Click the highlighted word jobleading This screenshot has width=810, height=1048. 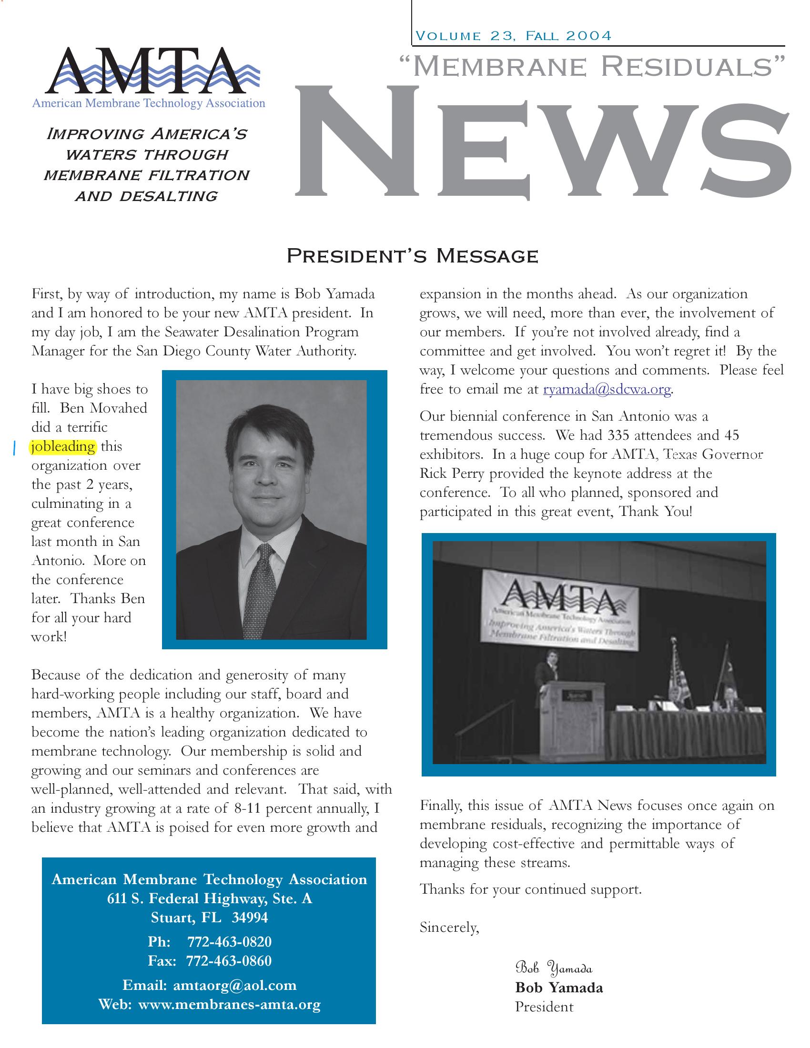point(63,447)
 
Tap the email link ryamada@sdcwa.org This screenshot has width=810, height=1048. point(607,389)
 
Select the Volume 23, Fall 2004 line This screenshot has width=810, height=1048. point(514,36)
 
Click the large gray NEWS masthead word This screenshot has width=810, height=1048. point(542,144)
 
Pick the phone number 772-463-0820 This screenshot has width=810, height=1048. point(229,942)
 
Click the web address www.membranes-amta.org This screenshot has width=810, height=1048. point(229,1004)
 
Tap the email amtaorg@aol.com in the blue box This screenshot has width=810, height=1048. point(234,985)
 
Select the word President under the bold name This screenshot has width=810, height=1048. point(544,1007)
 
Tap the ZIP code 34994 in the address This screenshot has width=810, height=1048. point(250,918)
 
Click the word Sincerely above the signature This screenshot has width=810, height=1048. point(449,927)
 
